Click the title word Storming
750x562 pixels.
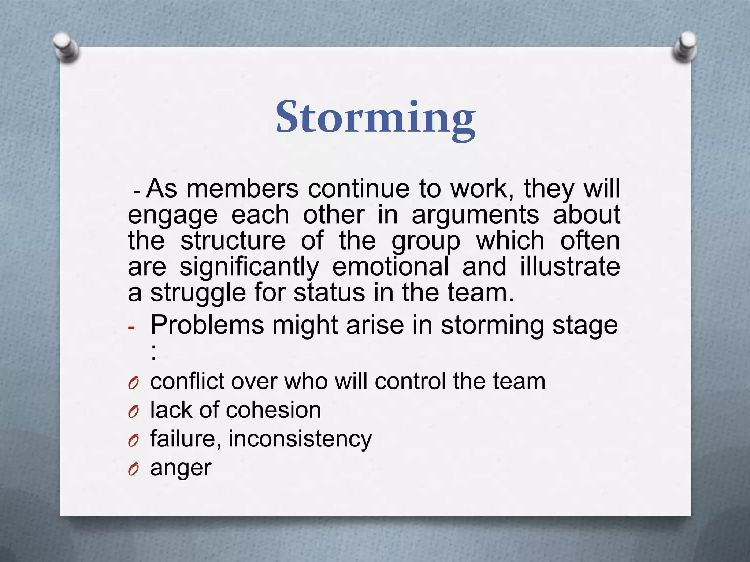[x=375, y=118]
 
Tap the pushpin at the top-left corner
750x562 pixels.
[x=66, y=48]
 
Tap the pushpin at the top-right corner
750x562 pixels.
[x=684, y=46]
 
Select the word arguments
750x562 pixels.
[x=475, y=215]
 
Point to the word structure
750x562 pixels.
[x=233, y=241]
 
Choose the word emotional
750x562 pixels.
[x=390, y=266]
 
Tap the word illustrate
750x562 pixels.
[x=570, y=266]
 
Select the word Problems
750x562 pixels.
[x=207, y=325]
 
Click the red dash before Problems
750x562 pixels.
[x=131, y=327]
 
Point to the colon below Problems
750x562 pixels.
[x=154, y=353]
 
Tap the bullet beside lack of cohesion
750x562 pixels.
[x=133, y=412]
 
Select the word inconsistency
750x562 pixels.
[x=300, y=439]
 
